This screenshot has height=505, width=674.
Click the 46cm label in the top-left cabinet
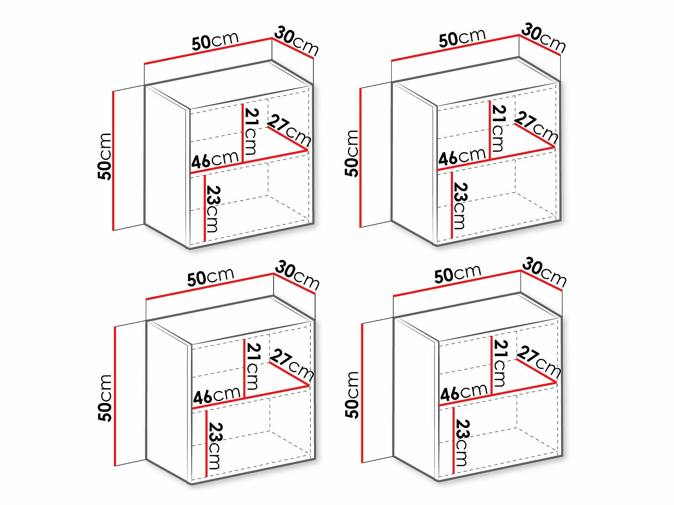[x=215, y=159]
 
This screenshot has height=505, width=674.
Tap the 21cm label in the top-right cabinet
[x=499, y=128]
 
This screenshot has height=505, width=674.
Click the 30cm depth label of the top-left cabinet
[x=297, y=42]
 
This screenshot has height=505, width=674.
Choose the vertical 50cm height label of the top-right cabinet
[x=351, y=153]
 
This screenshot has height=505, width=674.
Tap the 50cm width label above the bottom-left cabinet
[x=211, y=277]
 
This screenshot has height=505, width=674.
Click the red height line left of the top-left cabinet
[x=114, y=161]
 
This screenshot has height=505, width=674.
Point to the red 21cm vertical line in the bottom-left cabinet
[x=244, y=369]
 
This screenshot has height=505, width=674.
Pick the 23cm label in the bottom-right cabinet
[x=461, y=443]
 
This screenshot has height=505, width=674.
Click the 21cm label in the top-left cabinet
[x=252, y=131]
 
